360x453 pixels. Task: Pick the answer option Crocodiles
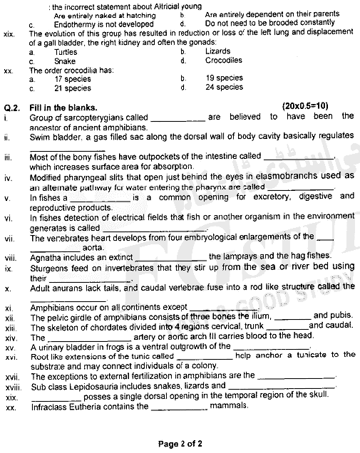(222, 61)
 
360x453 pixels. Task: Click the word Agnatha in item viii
(48, 256)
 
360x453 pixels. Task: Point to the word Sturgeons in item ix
(50, 266)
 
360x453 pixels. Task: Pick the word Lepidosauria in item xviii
(91, 385)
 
